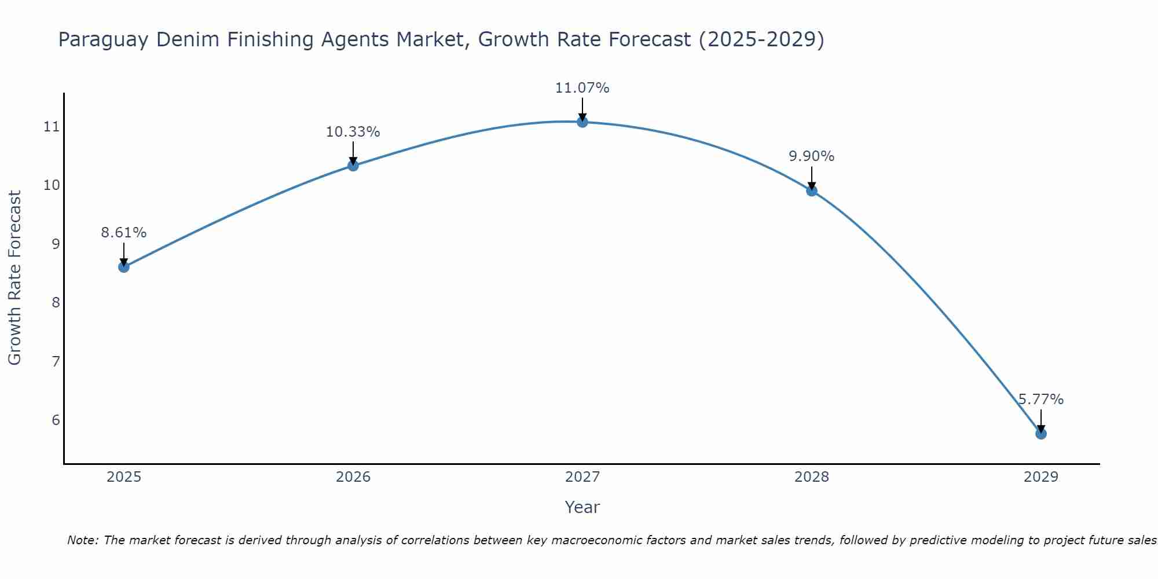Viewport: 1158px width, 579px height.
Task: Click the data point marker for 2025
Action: [x=124, y=267]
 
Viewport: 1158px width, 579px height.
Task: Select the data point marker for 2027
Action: [x=582, y=122]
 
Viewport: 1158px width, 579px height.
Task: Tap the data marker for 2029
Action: [x=1041, y=434]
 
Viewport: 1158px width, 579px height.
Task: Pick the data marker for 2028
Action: [x=812, y=190]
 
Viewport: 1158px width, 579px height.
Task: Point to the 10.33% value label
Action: [x=353, y=132]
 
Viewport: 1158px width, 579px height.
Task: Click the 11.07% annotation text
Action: [x=582, y=88]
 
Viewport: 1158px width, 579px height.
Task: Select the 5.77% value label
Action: [x=1041, y=400]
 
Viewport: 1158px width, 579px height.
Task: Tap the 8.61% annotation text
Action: [x=124, y=233]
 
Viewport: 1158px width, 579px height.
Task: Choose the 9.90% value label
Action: [x=812, y=156]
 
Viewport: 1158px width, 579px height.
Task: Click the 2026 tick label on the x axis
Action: [x=353, y=477]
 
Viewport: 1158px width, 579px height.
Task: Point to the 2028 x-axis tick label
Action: [x=812, y=477]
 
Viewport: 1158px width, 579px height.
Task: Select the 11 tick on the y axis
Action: [x=52, y=126]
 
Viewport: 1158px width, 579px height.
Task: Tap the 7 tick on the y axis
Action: [x=56, y=361]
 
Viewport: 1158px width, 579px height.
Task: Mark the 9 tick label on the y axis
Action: [x=56, y=244]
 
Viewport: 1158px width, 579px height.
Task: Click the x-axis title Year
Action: [x=582, y=507]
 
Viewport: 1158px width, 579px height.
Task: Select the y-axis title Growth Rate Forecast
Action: [x=14, y=278]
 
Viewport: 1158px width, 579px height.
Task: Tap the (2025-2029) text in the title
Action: [x=761, y=40]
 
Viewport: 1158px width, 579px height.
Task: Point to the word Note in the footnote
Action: [x=83, y=540]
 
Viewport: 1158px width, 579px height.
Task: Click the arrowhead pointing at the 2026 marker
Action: [x=353, y=160]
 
